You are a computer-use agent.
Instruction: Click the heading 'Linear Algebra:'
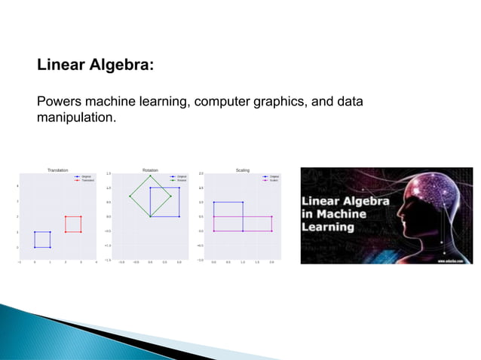pyautogui.click(x=96, y=66)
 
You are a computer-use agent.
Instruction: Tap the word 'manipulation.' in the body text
pyautogui.click(x=76, y=117)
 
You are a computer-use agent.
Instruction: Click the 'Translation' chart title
pyautogui.click(x=57, y=170)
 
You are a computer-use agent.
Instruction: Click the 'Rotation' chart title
pyautogui.click(x=150, y=170)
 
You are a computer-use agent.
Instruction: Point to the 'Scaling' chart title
pyautogui.click(x=243, y=170)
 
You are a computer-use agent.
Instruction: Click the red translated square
pyautogui.click(x=73, y=217)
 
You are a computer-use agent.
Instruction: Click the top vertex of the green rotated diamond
pyautogui.click(x=151, y=175)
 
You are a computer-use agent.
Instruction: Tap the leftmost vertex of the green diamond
pyautogui.click(x=130, y=196)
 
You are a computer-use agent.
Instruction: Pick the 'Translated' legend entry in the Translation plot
pyautogui.click(x=87, y=181)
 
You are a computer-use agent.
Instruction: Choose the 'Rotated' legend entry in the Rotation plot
pyautogui.click(x=181, y=181)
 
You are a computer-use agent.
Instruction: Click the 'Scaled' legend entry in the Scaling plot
pyautogui.click(x=274, y=181)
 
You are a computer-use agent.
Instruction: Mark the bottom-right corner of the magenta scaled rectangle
pyautogui.click(x=272, y=231)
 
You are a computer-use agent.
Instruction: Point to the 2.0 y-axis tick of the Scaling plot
pyautogui.click(x=201, y=174)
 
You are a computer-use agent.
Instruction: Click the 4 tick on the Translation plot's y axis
pyautogui.click(x=19, y=186)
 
